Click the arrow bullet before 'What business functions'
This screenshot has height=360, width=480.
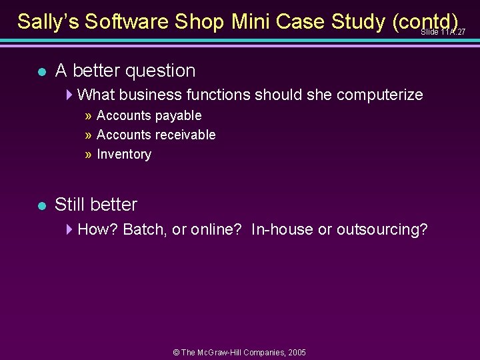(x=70, y=95)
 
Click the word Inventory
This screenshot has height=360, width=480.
(x=124, y=154)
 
